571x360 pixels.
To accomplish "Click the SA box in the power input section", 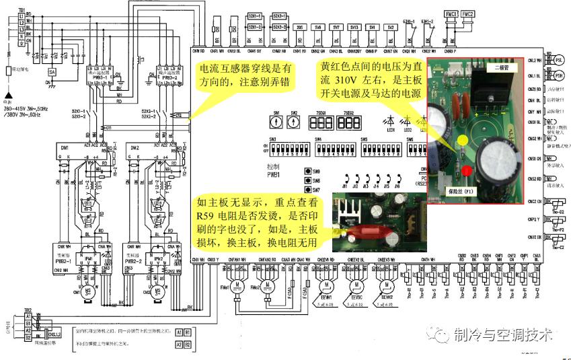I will [51, 71].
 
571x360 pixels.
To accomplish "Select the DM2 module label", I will [135, 147].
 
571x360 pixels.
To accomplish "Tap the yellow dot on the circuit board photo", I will [463, 141].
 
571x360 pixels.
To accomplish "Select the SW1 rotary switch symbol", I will [276, 123].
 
